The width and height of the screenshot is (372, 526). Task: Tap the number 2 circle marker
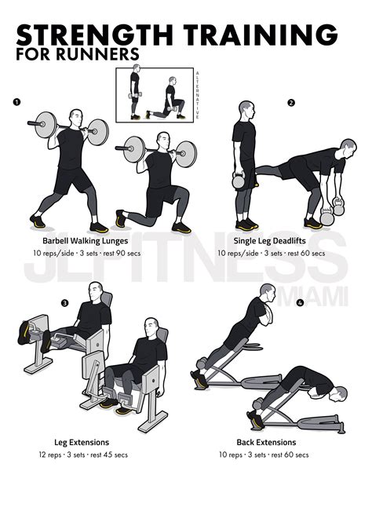click(291, 103)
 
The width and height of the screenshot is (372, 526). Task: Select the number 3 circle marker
click(64, 303)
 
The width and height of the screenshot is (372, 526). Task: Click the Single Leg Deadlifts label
click(270, 242)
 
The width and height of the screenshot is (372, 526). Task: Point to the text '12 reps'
click(48, 455)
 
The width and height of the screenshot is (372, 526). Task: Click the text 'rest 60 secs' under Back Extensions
click(290, 455)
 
